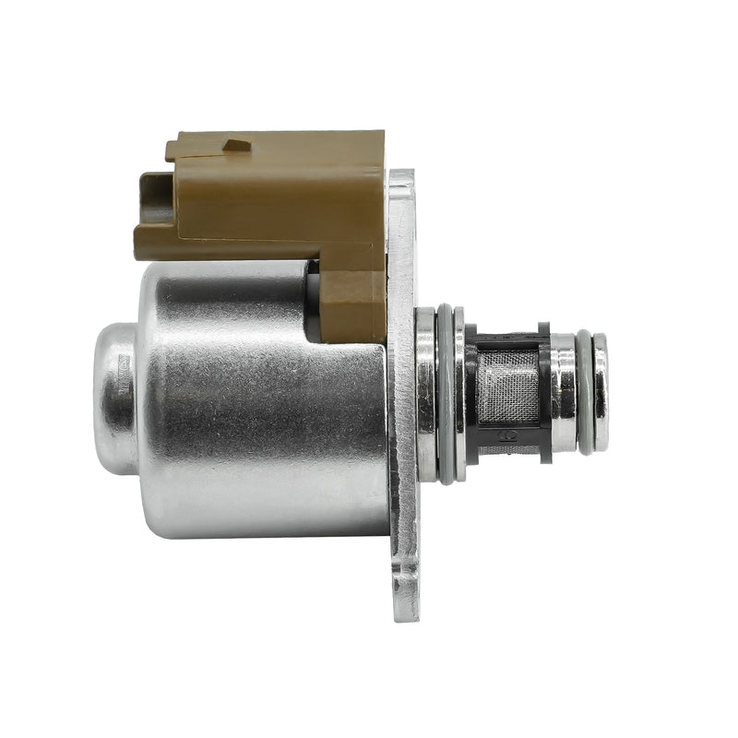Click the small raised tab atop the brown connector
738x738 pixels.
click(237, 145)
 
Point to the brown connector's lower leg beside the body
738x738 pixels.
click(355, 300)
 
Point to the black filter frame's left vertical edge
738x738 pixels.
click(470, 392)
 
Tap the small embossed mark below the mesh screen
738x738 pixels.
click(506, 434)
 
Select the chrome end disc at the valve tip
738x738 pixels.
click(601, 392)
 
